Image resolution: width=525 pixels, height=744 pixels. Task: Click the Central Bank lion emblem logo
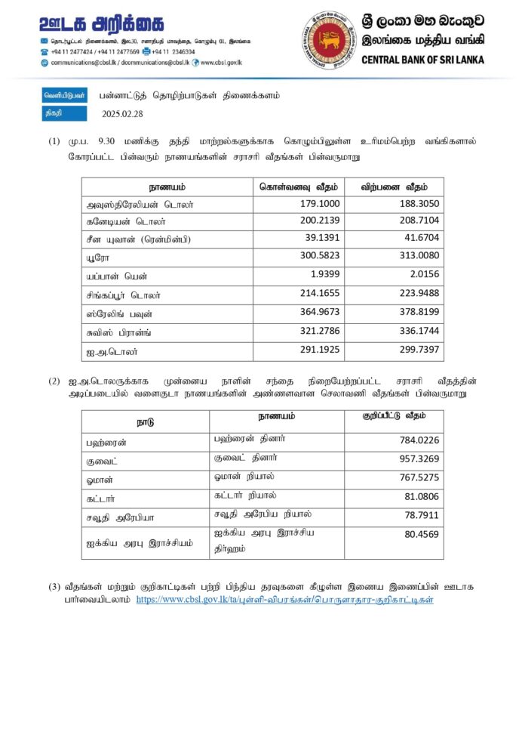[330, 39]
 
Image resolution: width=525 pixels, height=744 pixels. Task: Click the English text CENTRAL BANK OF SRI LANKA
[424, 60]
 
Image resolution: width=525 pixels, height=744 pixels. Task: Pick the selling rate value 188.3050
[419, 204]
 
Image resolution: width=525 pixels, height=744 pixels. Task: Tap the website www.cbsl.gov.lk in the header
[220, 63]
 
